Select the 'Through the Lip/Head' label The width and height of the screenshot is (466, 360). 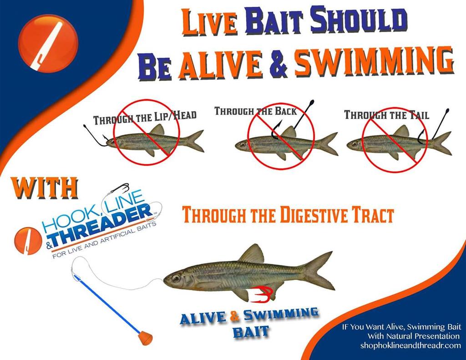point(145,118)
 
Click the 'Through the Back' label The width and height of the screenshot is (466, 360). point(255,111)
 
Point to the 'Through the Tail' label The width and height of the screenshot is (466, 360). point(386,115)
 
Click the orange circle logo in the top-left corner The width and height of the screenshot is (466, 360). point(48,43)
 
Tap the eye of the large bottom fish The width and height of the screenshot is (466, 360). point(176,277)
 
